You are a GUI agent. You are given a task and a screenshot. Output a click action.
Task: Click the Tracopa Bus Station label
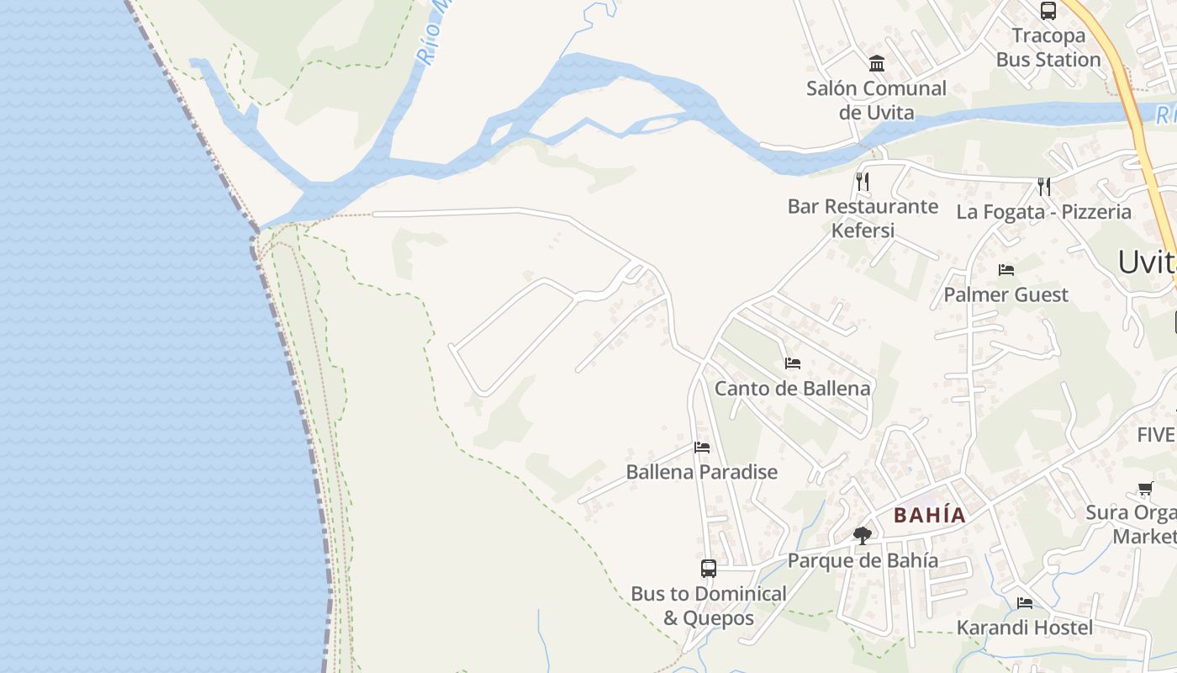[x=1048, y=48]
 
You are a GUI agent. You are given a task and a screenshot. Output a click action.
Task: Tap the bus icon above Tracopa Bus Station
[x=1048, y=11]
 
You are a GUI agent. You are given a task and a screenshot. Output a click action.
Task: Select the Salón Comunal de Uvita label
[x=876, y=100]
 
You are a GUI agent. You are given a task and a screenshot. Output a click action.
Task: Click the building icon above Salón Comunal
[x=877, y=63]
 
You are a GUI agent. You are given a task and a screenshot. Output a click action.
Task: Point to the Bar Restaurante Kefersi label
[x=863, y=218]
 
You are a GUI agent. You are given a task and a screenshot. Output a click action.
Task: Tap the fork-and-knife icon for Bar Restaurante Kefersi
[x=862, y=181]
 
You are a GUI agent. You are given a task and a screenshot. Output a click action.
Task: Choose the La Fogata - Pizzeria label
[x=1043, y=212]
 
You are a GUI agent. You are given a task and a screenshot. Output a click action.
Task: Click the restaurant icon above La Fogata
[x=1043, y=186]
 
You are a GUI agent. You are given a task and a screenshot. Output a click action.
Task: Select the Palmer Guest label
[x=1005, y=294]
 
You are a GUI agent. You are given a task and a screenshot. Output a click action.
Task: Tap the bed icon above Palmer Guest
[x=1005, y=270]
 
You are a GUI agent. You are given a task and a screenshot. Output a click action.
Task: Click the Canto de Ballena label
[x=792, y=389]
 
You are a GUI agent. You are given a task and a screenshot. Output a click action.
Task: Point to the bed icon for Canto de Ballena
[x=792, y=363]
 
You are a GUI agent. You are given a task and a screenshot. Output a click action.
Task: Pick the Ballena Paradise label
[x=701, y=472]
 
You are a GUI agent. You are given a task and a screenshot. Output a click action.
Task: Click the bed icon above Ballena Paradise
[x=702, y=448]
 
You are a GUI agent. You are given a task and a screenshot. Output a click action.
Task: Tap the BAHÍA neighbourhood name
[x=930, y=515]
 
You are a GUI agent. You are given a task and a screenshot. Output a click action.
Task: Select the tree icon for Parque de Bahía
[x=862, y=535]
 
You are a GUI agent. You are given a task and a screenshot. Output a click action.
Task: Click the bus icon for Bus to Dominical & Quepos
[x=709, y=568]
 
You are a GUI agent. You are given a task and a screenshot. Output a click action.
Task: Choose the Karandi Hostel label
[x=1024, y=628]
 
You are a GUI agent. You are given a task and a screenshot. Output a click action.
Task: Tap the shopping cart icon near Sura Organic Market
[x=1145, y=488]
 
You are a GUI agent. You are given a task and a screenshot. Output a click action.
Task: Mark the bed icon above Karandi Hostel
[x=1024, y=603]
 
